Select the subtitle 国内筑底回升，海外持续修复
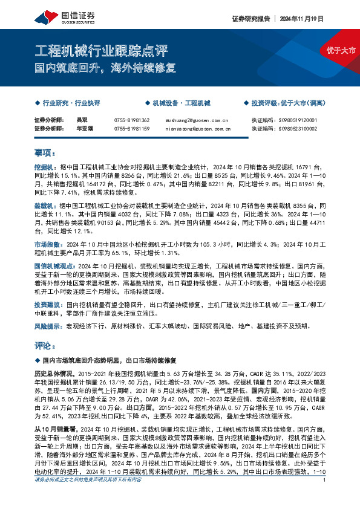click(x=105, y=67)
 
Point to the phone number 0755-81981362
click(x=132, y=120)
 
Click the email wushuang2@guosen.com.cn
click(x=195, y=120)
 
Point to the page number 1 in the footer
click(x=326, y=497)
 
